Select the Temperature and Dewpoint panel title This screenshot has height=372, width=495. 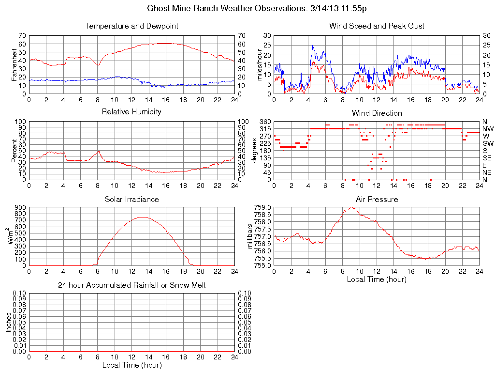coord(131,26)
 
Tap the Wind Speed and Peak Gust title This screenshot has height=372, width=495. coord(377,26)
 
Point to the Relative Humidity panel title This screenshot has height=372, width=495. coord(131,112)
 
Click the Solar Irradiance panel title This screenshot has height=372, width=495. coord(131,199)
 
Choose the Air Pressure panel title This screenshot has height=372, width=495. coord(377,199)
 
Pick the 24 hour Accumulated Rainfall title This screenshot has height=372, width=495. coord(131,285)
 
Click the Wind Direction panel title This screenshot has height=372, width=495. coord(377,113)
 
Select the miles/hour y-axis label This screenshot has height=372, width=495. coord(260,64)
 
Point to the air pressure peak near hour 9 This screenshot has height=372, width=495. coord(351,208)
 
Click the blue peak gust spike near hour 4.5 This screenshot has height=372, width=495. coord(312,46)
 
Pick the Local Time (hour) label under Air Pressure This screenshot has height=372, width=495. coord(377,279)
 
